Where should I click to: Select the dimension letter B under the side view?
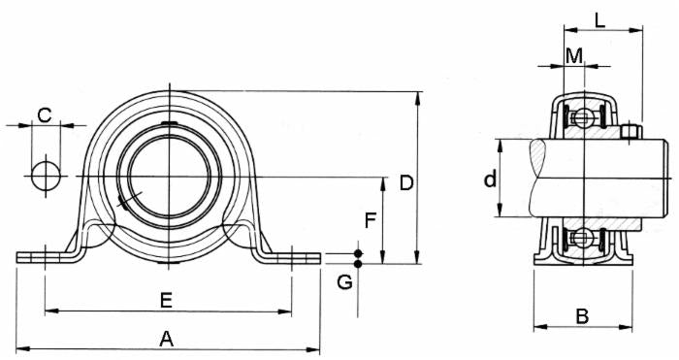click(582, 316)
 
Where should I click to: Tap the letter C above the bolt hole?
click(44, 115)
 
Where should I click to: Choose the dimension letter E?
click(166, 301)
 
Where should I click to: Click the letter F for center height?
click(370, 220)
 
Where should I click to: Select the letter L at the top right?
click(601, 18)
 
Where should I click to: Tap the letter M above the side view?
click(574, 55)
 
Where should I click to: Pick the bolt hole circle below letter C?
click(44, 177)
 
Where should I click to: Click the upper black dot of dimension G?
click(358, 253)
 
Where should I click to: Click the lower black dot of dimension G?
click(358, 264)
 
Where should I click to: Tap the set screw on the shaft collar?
click(630, 132)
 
